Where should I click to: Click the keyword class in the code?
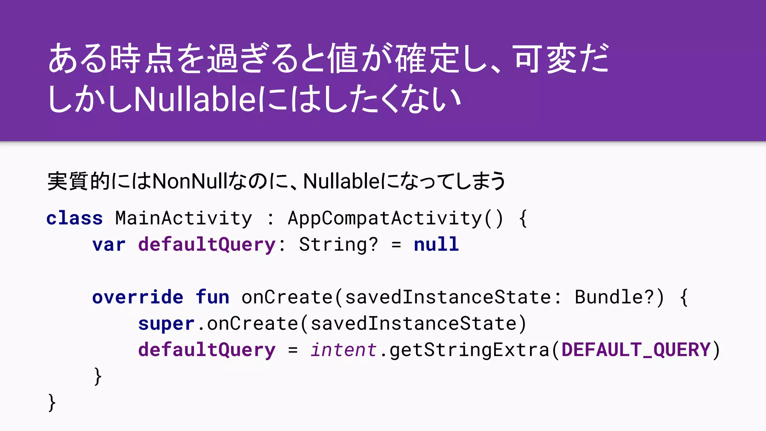tap(74, 218)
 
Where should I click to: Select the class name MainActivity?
tap(184, 218)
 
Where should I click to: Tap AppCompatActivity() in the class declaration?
tap(396, 218)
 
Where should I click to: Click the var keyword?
tap(109, 245)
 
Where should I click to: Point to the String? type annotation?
tap(338, 245)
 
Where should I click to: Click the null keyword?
tap(436, 245)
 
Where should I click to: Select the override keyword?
tap(138, 297)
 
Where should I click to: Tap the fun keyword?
tap(212, 297)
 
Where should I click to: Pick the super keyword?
tap(166, 324)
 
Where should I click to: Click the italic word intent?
tap(343, 350)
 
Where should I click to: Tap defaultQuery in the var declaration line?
tap(207, 245)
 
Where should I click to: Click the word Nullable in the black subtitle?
tap(342, 181)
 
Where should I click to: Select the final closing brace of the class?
tap(52, 403)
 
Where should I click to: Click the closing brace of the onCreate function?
tap(98, 376)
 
